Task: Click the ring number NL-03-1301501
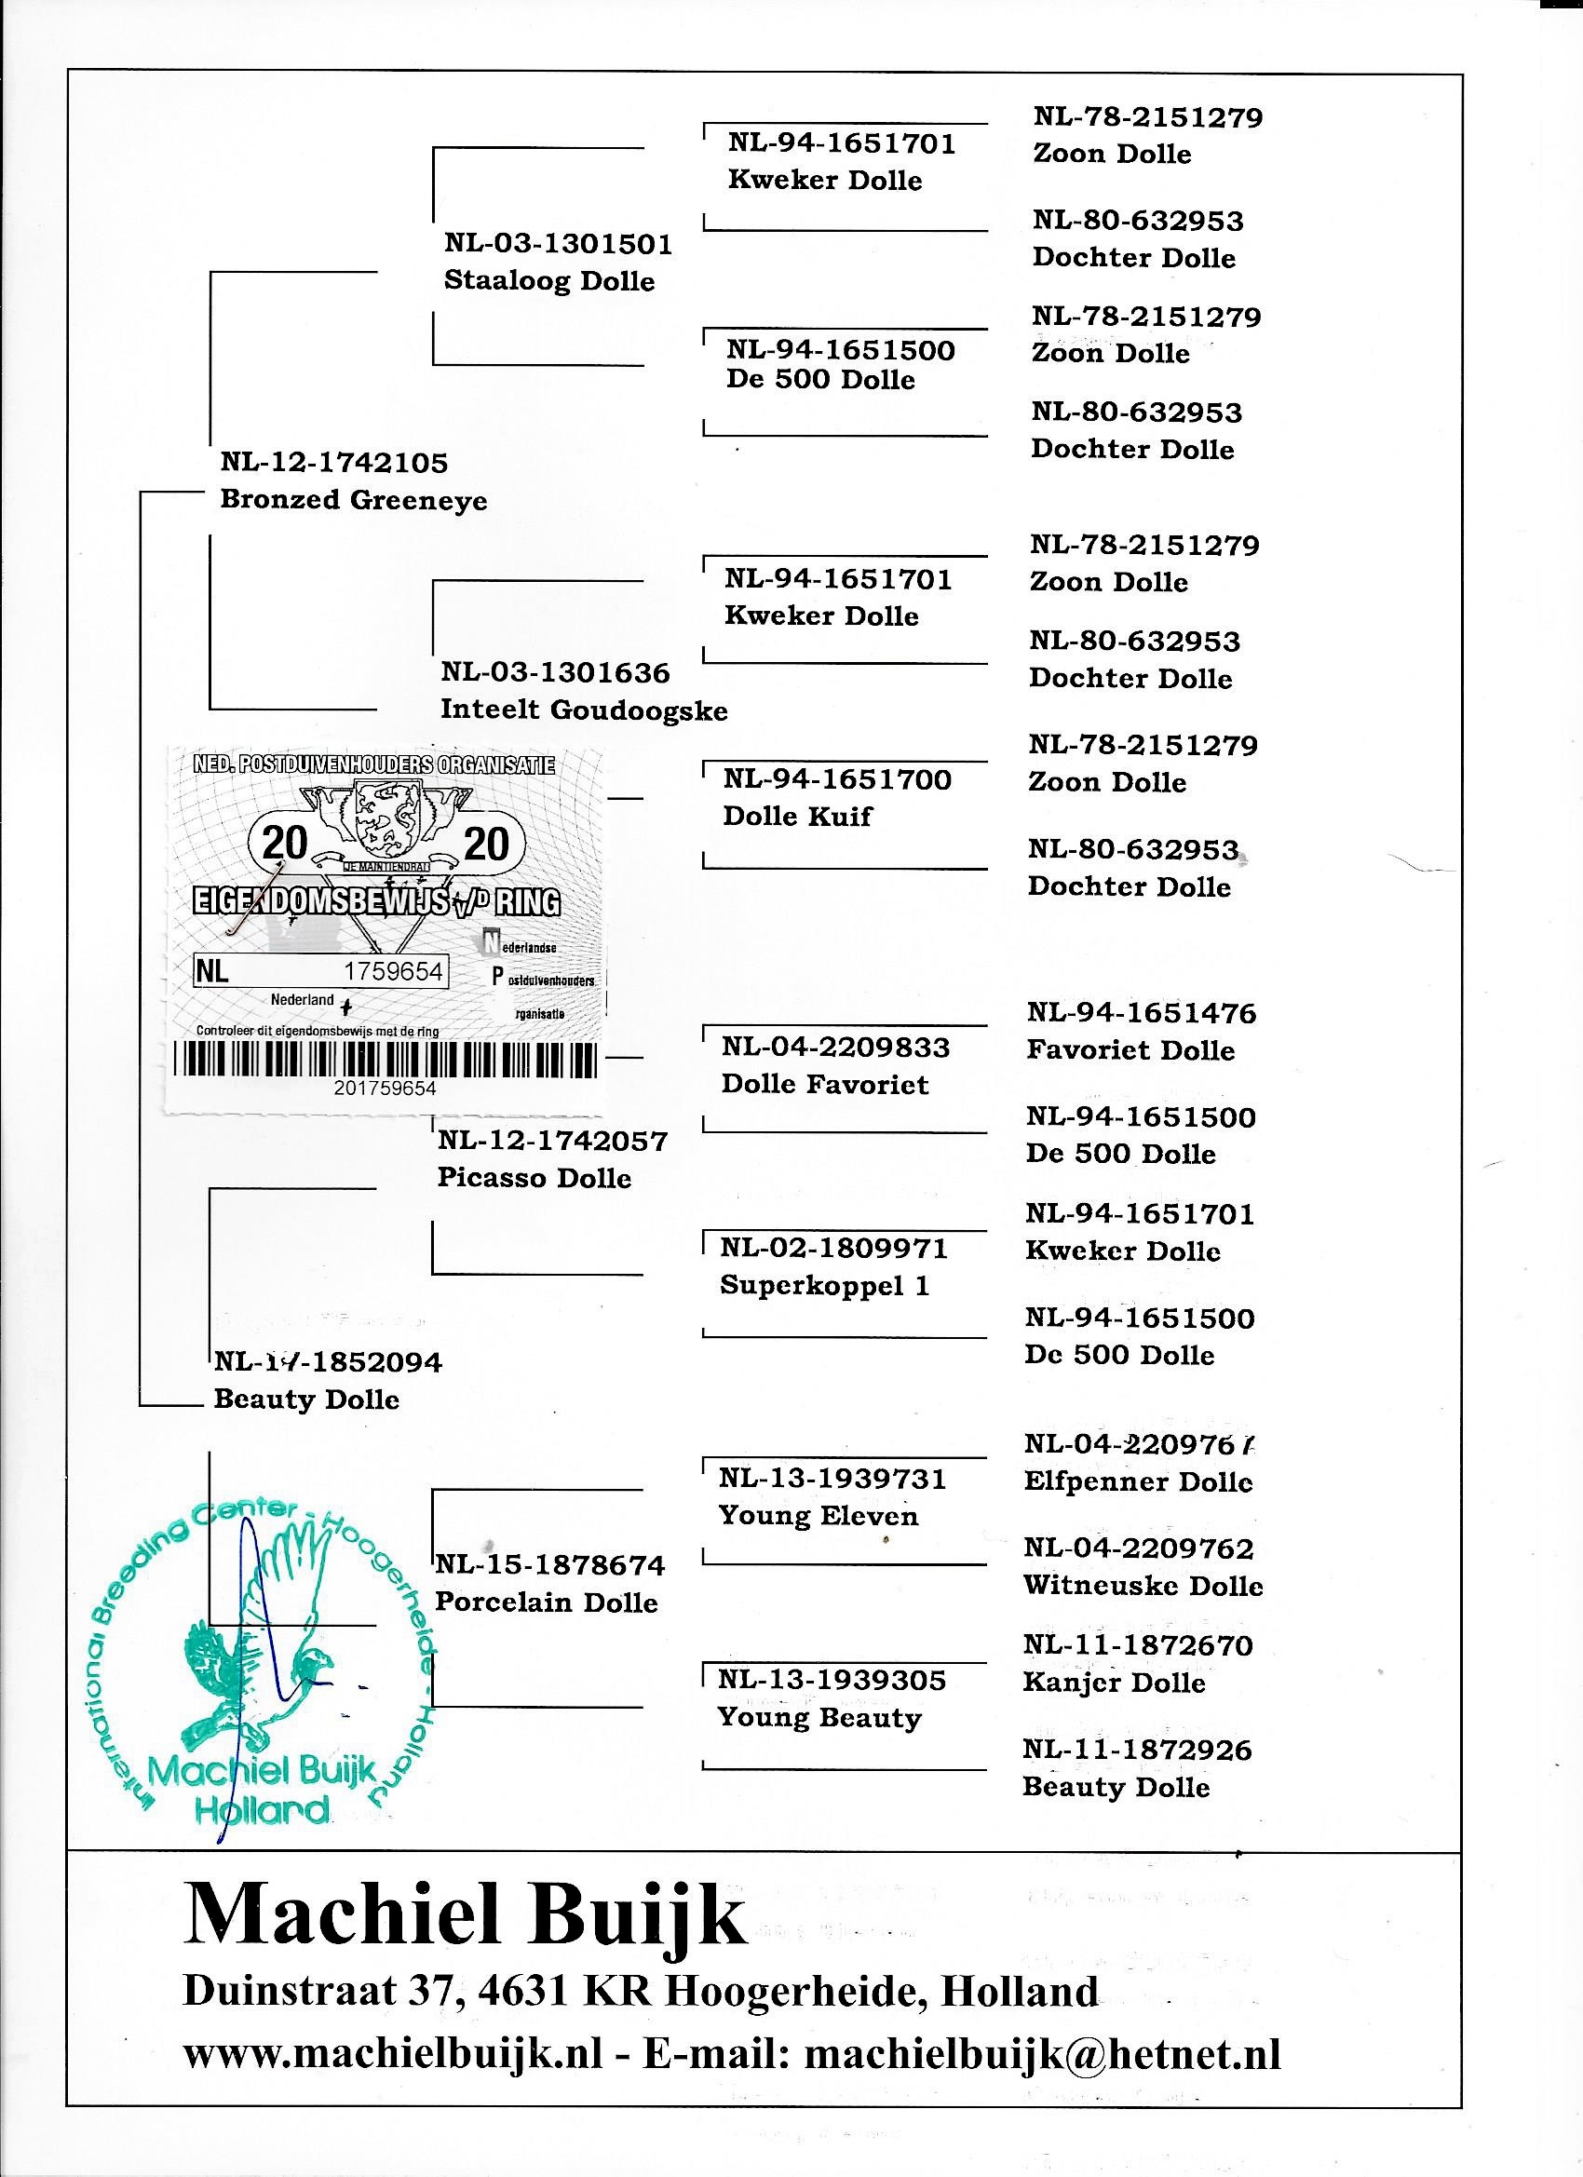tap(558, 244)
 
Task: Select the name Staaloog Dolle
tap(549, 281)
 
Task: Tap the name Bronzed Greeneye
tap(353, 500)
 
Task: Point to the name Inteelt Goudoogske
tap(584, 710)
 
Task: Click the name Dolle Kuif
tap(797, 816)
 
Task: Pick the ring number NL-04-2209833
tap(835, 1048)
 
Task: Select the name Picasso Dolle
tap(534, 1178)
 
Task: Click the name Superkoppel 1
tap(825, 1285)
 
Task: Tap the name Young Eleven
tap(818, 1517)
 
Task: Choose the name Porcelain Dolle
tap(547, 1602)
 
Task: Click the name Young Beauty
tap(819, 1717)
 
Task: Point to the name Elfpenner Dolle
tap(1139, 1482)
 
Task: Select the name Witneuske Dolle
tap(1143, 1586)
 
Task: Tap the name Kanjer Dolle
tap(1114, 1683)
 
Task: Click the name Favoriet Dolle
tap(1130, 1050)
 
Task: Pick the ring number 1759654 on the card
tap(394, 971)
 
